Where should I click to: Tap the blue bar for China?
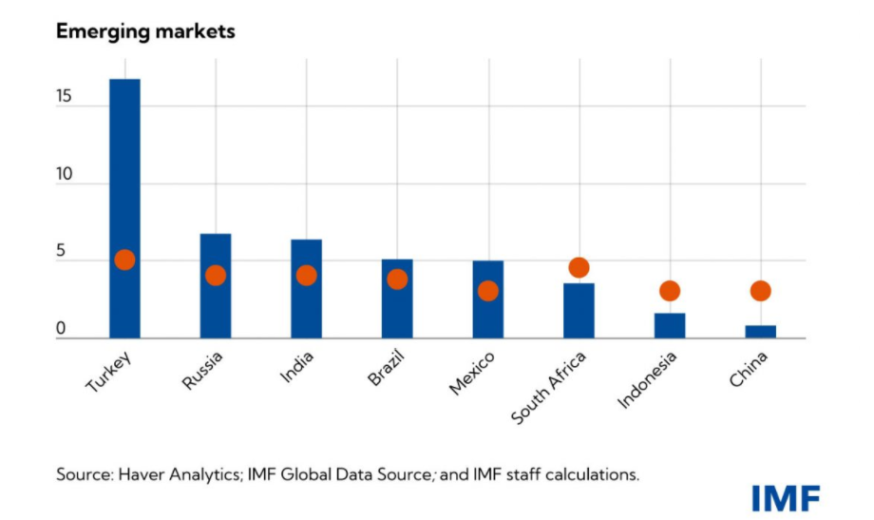pyautogui.click(x=760, y=332)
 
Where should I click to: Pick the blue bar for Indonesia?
pyautogui.click(x=670, y=325)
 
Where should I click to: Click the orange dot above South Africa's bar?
pyautogui.click(x=579, y=268)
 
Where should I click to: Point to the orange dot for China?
pyautogui.click(x=760, y=291)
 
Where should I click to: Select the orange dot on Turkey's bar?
pyautogui.click(x=124, y=260)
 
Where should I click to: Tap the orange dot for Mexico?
pyautogui.click(x=487, y=291)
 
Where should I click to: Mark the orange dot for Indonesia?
pyautogui.click(x=670, y=291)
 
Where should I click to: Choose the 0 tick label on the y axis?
pyautogui.click(x=61, y=330)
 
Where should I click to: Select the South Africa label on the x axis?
pyautogui.click(x=550, y=388)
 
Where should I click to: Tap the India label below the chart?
pyautogui.click(x=297, y=365)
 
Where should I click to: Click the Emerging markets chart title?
pyautogui.click(x=145, y=31)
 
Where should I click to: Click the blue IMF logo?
pyautogui.click(x=785, y=497)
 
